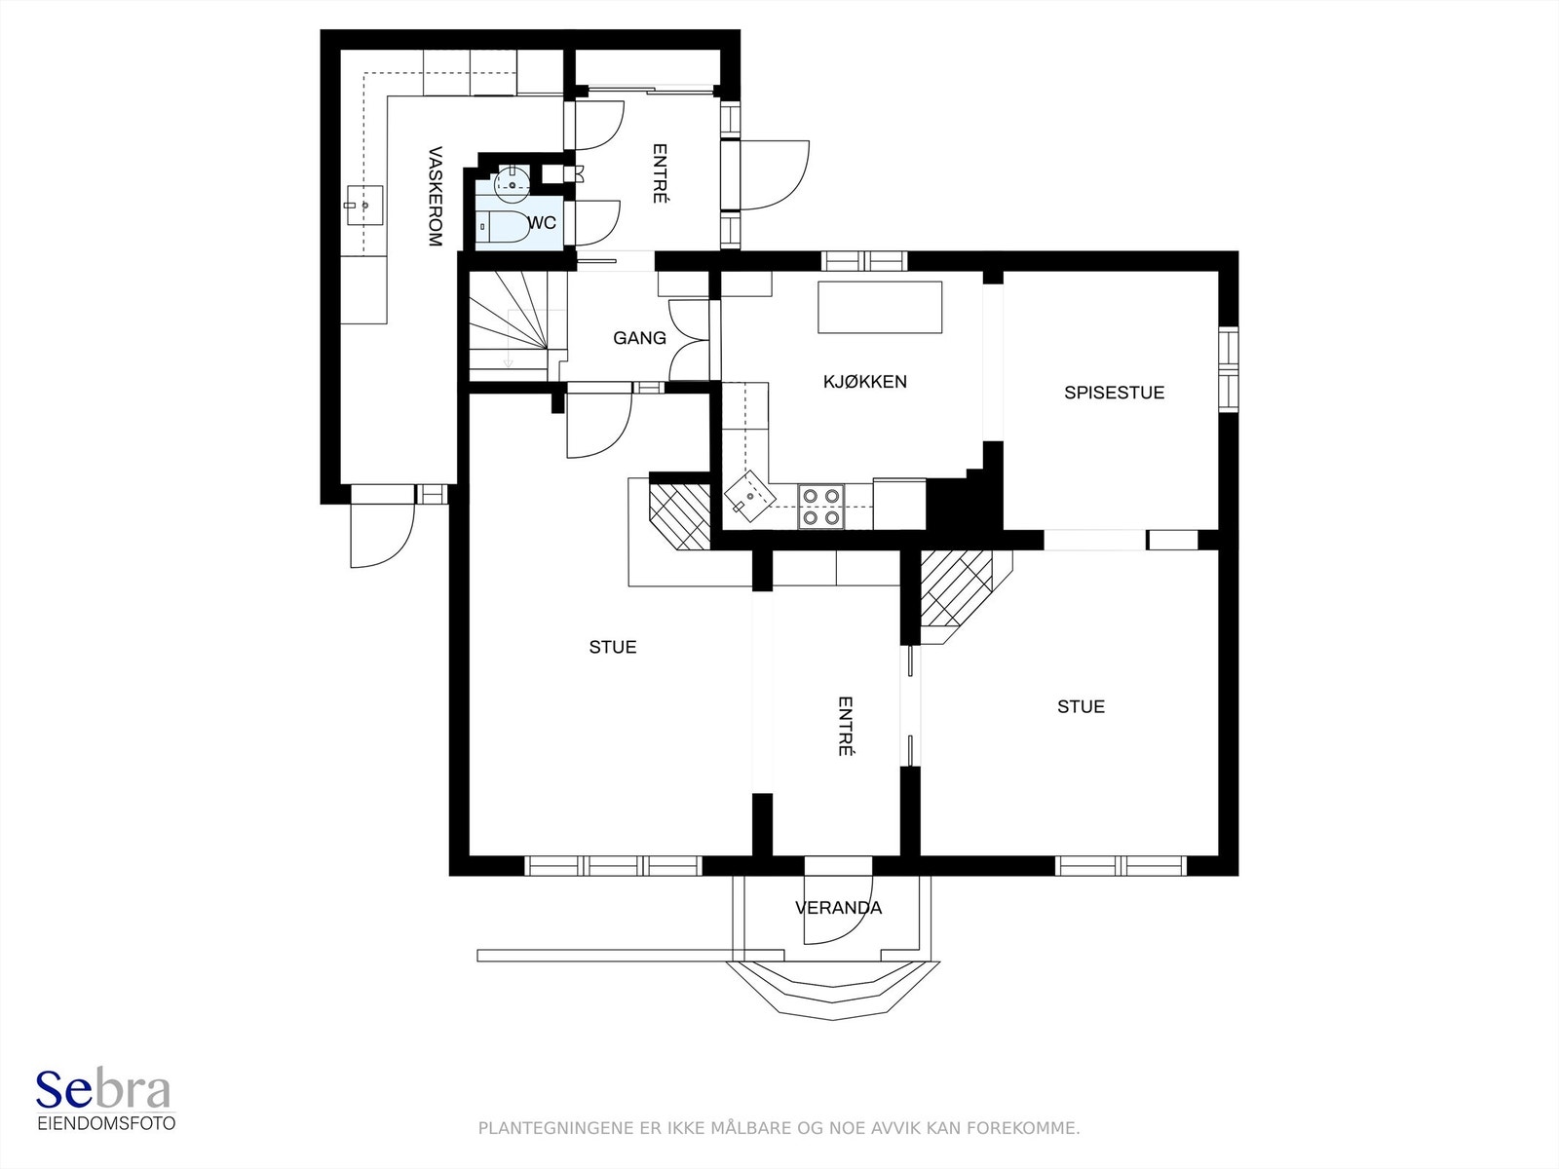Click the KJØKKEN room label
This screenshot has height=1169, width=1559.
click(x=864, y=382)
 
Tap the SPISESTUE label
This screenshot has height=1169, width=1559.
click(x=1114, y=393)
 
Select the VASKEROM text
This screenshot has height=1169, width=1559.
click(x=436, y=197)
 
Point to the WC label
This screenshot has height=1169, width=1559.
click(x=543, y=223)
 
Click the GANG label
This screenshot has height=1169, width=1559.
click(x=639, y=338)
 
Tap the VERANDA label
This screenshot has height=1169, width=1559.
click(x=838, y=908)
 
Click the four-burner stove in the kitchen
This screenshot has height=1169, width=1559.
click(x=821, y=507)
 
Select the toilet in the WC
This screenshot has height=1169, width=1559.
click(x=503, y=227)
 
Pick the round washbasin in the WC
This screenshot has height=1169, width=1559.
click(x=512, y=182)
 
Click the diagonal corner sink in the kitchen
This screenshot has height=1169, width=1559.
click(x=749, y=497)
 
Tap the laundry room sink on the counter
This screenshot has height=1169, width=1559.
click(x=364, y=206)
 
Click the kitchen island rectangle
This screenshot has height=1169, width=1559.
click(x=880, y=307)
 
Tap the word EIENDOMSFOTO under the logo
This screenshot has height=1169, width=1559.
click(x=106, y=1123)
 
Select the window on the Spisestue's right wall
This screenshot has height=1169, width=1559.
click(x=1229, y=369)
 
